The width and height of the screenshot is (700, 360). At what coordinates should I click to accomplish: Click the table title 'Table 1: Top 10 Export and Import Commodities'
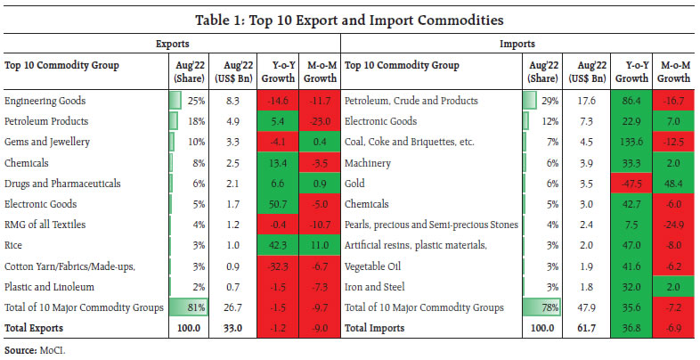pos(350,20)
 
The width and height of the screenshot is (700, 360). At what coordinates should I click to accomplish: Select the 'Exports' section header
pos(172,42)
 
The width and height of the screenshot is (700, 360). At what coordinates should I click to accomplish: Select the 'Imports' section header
pos(520,42)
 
